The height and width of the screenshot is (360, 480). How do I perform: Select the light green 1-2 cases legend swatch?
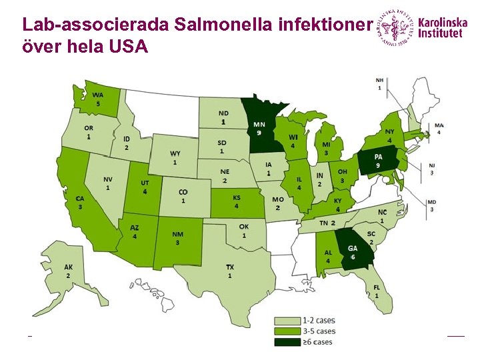[x=288, y=321]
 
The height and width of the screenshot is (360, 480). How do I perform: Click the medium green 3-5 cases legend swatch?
[x=288, y=331]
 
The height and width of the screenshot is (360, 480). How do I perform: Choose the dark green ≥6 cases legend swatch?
[x=288, y=342]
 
